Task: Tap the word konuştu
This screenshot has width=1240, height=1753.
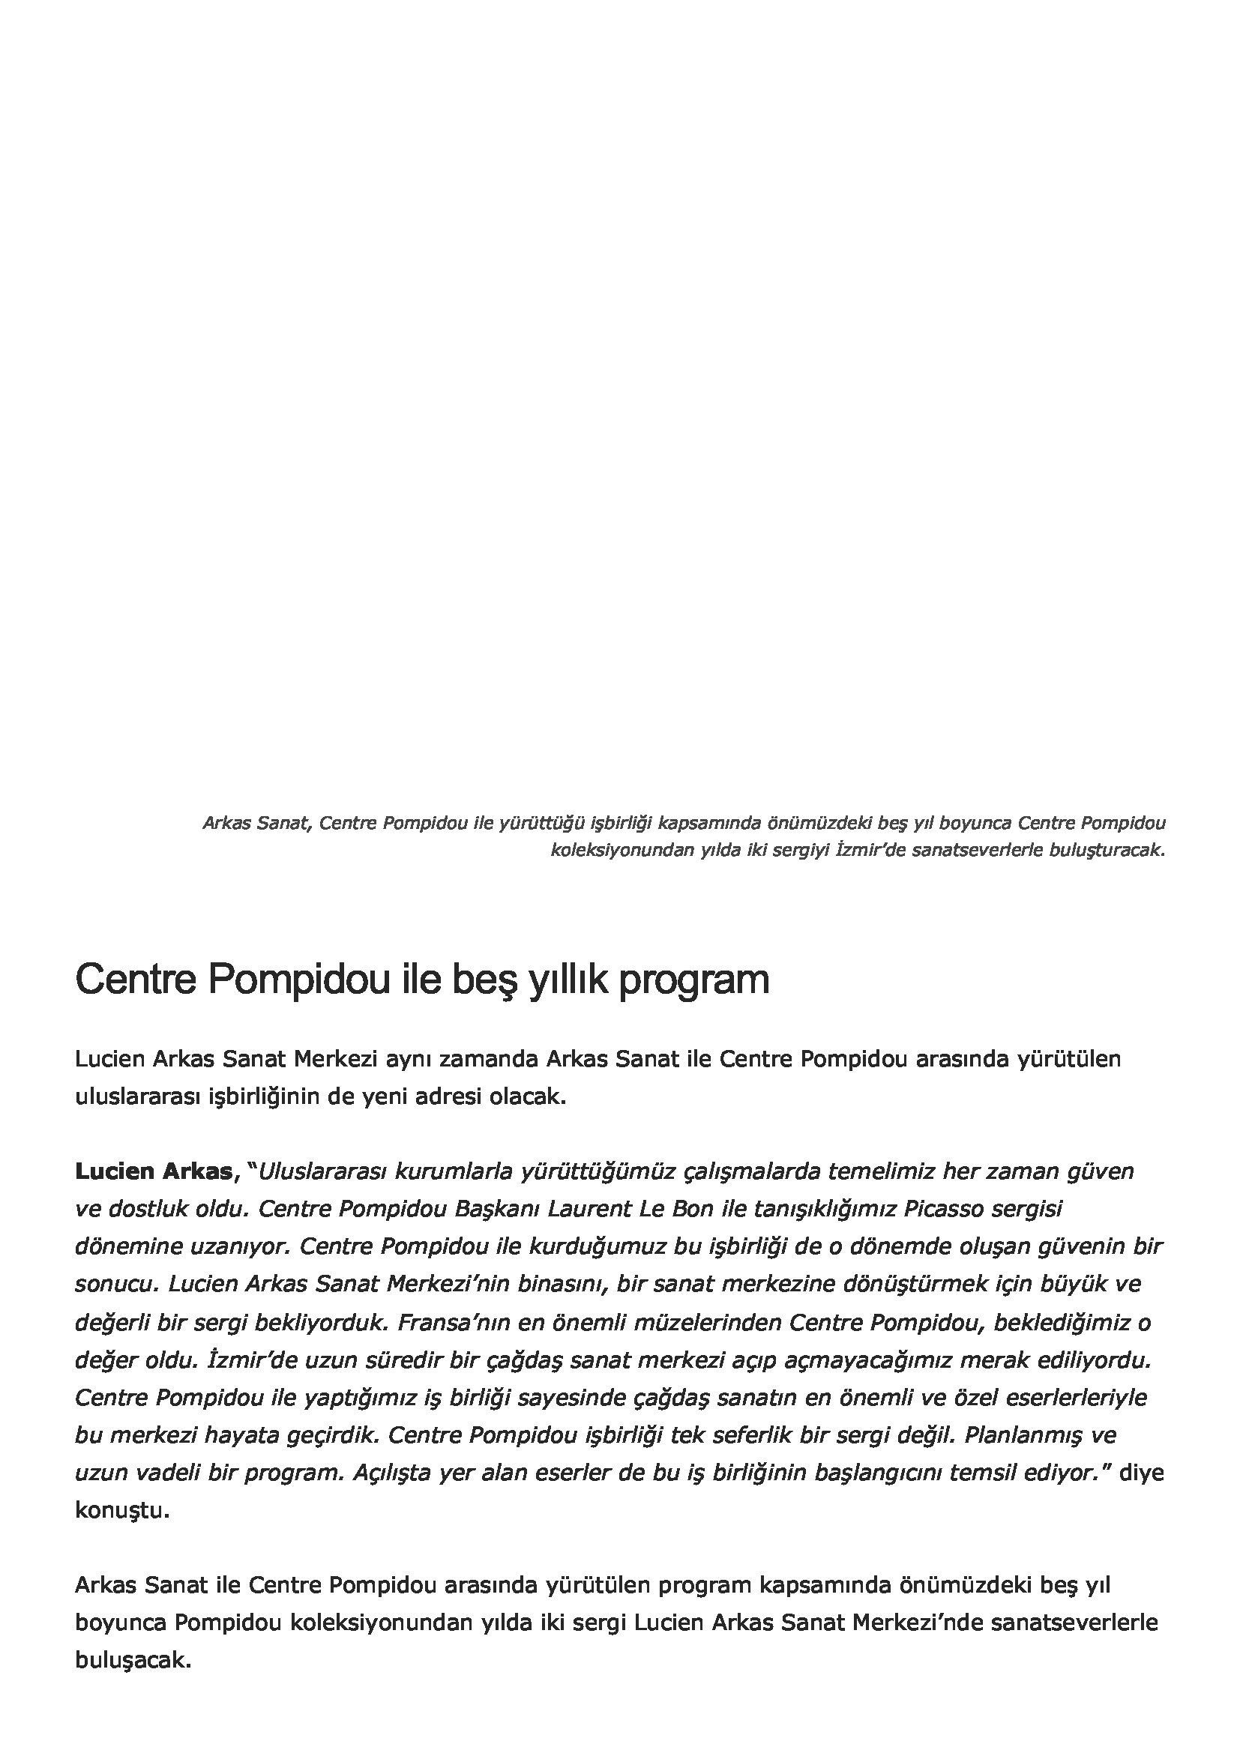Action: (121, 1510)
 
